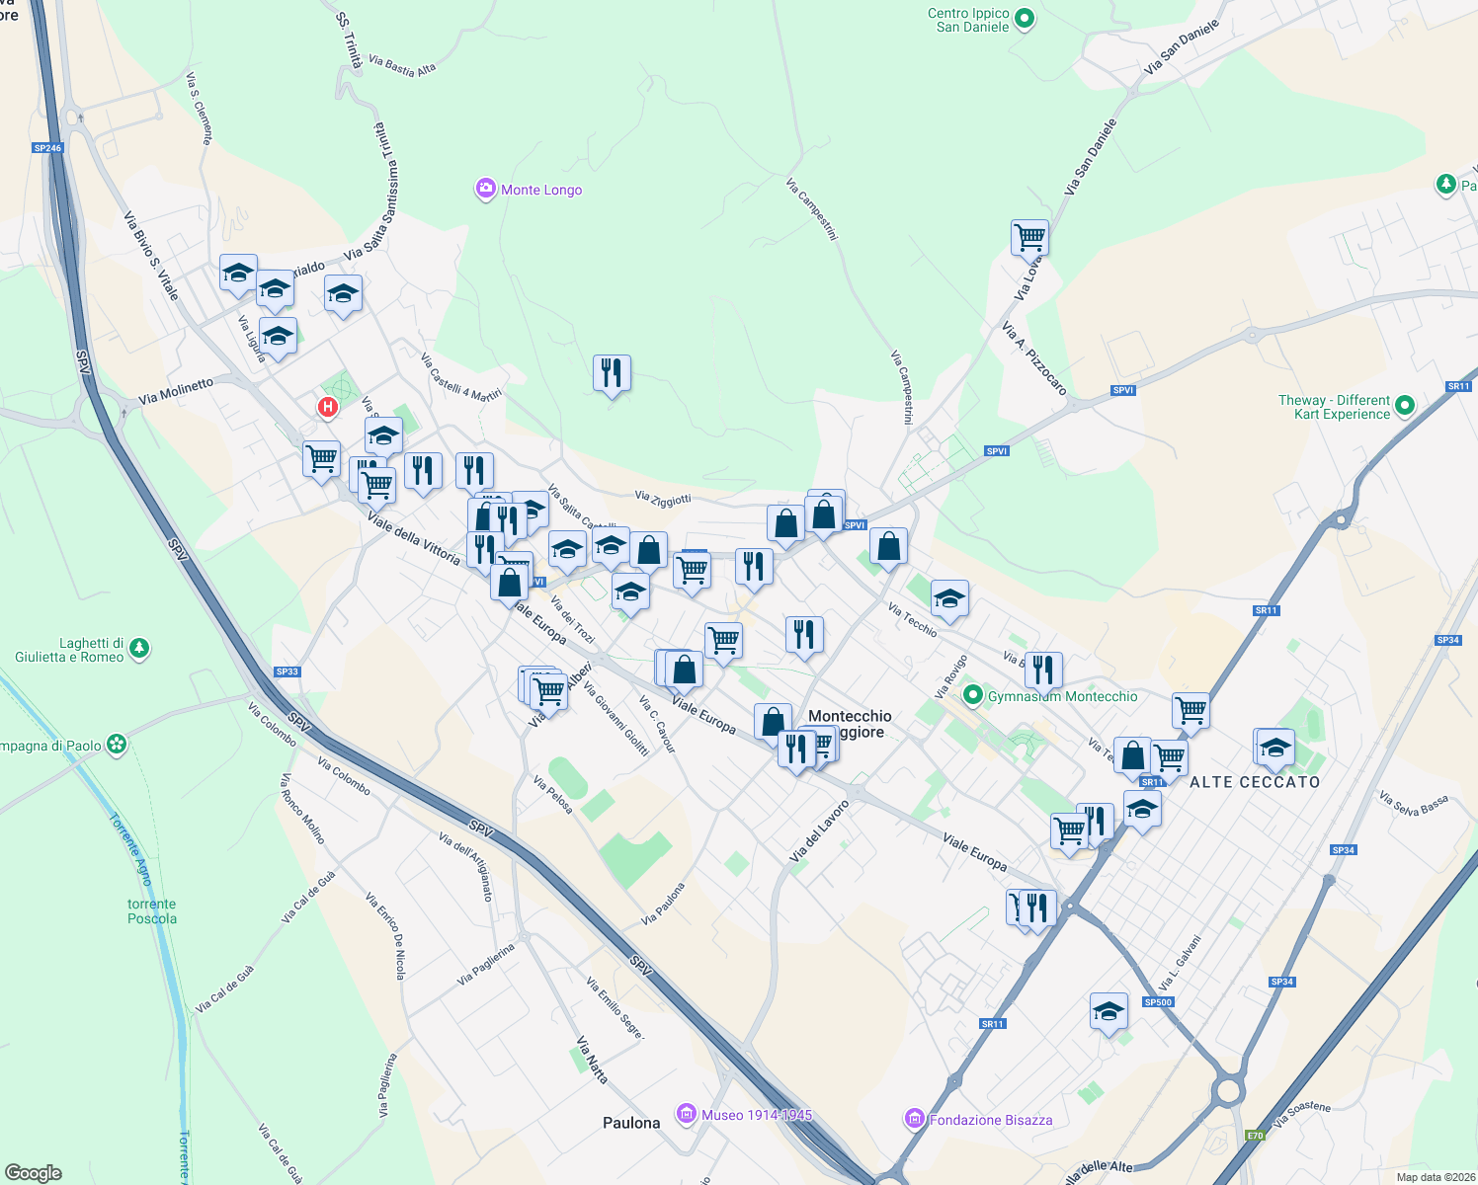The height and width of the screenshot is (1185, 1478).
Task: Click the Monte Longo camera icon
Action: tap(485, 189)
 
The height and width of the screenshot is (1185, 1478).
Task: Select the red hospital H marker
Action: tap(327, 407)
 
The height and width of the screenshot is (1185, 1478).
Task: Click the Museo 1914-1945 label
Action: tap(757, 1115)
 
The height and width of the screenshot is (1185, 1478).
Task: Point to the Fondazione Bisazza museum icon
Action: tap(915, 1119)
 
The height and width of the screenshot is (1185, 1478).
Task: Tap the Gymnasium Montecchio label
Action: tap(1062, 696)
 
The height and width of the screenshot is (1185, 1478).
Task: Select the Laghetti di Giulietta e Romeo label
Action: tap(69, 650)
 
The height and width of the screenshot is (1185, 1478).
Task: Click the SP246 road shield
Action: tap(47, 148)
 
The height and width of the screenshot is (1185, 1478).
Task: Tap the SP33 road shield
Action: tap(287, 671)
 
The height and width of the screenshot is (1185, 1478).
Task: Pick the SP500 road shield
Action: tap(1158, 1002)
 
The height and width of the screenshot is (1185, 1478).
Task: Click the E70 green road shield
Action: tap(1255, 1136)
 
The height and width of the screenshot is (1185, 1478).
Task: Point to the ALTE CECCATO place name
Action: tap(1255, 782)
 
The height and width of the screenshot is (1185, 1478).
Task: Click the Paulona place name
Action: tap(631, 1123)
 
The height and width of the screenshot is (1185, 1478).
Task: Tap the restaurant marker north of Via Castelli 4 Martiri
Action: tap(612, 373)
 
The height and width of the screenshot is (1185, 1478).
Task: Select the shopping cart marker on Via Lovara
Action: tap(1029, 237)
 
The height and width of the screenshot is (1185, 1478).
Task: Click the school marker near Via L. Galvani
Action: tap(1108, 1011)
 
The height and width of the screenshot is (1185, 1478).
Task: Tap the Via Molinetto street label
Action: tap(176, 391)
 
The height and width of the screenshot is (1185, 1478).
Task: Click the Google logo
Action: tap(34, 1173)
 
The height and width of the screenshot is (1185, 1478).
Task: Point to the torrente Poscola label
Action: tap(152, 911)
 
